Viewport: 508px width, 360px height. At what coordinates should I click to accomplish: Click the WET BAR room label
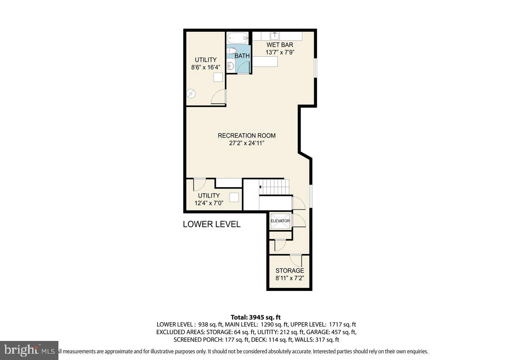[279, 45]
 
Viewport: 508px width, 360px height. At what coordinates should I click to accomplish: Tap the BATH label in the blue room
[242, 56]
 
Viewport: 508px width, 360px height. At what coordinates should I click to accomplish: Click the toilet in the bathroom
[231, 51]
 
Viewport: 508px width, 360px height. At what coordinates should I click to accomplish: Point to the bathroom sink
[231, 66]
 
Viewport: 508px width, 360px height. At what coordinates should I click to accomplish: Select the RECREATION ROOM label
[246, 136]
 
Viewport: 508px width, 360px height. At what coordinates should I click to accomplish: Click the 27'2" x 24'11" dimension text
[246, 143]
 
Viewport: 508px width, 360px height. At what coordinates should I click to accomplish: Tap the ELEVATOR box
[280, 221]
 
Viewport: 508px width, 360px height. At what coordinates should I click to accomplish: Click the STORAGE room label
[290, 271]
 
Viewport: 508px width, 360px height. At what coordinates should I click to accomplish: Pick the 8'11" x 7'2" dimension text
[290, 278]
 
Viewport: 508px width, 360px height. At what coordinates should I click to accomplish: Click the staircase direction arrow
[260, 186]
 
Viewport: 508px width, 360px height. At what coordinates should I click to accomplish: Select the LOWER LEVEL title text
[211, 224]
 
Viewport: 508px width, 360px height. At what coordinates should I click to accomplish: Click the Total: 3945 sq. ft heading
[256, 317]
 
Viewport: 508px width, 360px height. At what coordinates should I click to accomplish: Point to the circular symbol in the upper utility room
[191, 94]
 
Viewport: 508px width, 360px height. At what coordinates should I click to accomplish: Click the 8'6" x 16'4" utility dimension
[205, 67]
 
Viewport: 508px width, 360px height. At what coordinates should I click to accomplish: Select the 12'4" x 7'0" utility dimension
[209, 203]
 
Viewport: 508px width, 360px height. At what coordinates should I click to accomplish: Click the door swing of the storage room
[295, 259]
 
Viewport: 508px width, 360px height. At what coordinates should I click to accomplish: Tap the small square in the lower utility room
[234, 197]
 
